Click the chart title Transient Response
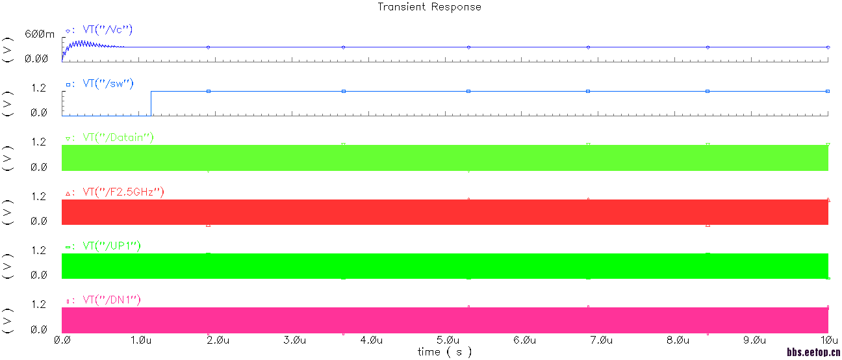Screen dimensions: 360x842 (429, 7)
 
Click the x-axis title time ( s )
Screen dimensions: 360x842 (444, 352)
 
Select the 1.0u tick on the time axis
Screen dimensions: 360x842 (141, 340)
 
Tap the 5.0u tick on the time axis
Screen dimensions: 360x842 (448, 340)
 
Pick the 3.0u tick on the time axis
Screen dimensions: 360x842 (294, 340)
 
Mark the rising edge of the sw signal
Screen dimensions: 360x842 (151, 103)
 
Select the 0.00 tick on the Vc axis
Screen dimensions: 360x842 (36, 58)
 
